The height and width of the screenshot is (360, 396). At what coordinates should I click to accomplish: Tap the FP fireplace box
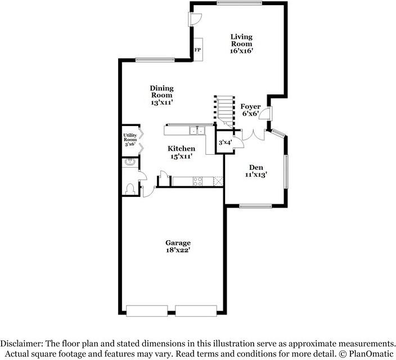(198, 49)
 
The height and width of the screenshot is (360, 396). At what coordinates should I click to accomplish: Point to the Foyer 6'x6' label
(250, 110)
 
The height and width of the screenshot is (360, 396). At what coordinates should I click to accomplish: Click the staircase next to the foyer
(224, 112)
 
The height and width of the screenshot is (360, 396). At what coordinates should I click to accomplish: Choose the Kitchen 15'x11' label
(181, 152)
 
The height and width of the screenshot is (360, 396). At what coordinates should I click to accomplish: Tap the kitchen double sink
(197, 130)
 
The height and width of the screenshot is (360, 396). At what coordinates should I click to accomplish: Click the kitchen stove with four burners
(197, 181)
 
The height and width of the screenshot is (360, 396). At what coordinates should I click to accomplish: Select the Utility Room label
(130, 139)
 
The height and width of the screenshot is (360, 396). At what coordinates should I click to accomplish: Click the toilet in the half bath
(130, 189)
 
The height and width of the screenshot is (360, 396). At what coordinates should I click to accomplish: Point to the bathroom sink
(130, 162)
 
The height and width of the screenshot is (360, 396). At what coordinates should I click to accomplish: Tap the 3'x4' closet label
(225, 142)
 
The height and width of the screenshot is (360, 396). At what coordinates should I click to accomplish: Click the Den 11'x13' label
(256, 171)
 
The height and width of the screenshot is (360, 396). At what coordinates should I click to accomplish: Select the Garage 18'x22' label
(178, 246)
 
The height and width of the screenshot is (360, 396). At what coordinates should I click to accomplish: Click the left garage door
(147, 310)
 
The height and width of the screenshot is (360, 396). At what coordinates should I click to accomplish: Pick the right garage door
(196, 310)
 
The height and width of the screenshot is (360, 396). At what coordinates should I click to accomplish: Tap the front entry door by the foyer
(265, 114)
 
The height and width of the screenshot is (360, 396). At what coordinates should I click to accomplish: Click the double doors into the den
(254, 135)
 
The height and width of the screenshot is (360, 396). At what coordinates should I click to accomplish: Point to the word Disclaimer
(22, 344)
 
